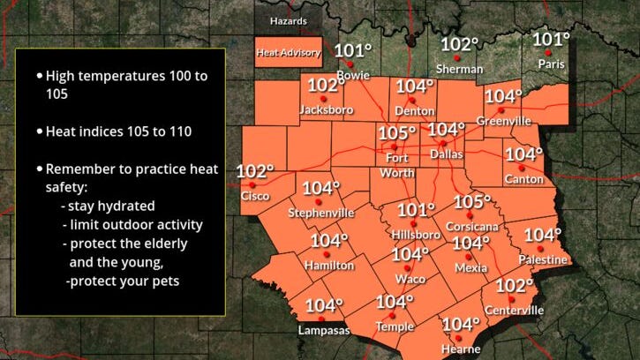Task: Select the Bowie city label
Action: (353, 77)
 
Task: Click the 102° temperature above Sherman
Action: (460, 44)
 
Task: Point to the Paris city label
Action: (552, 64)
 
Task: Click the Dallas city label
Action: (446, 153)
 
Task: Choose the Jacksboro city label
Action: (327, 109)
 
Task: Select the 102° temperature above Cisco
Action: (255, 171)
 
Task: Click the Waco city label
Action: (411, 279)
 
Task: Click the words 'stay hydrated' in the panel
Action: (108, 204)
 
